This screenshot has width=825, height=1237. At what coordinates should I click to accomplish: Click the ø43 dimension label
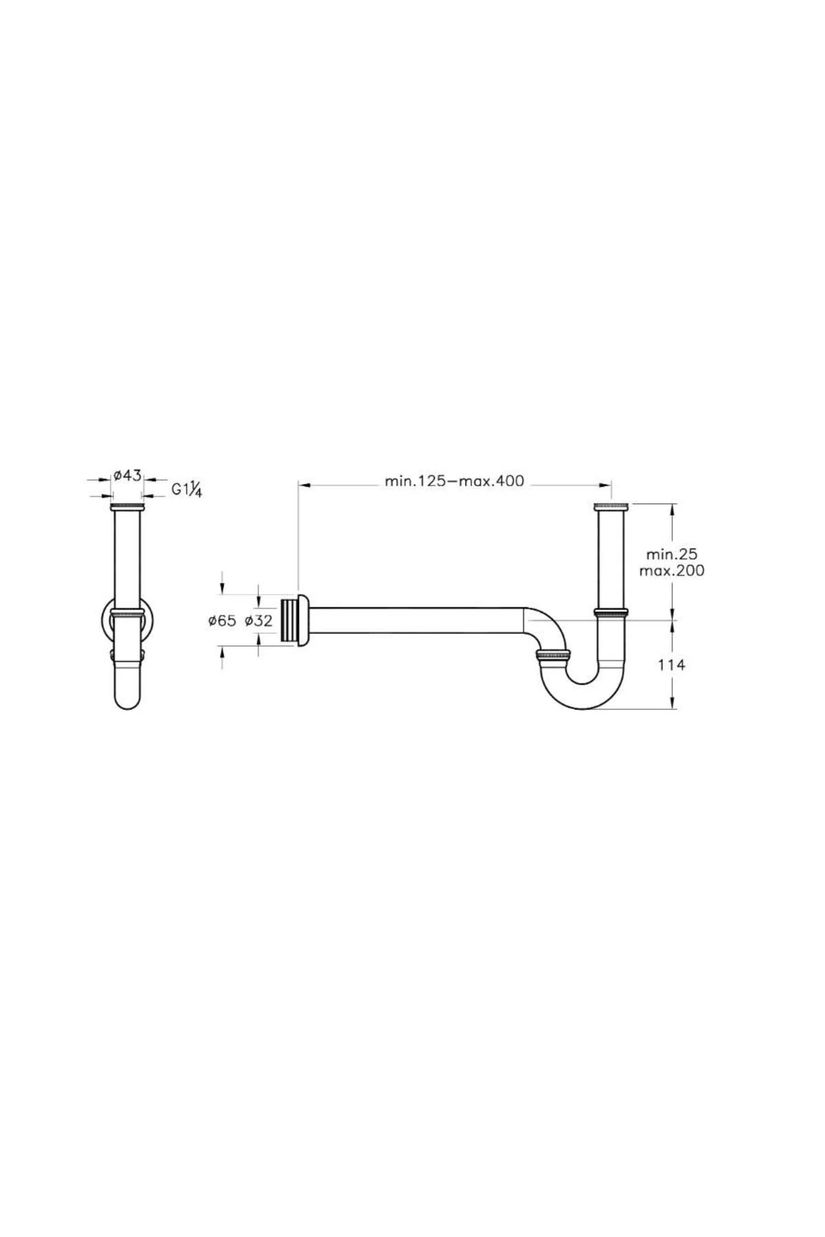pos(127,475)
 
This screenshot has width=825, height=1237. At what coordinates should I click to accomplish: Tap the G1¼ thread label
pos(186,489)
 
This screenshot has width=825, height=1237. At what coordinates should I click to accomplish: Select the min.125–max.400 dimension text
pos(454,481)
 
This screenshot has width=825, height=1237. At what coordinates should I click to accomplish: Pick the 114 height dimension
pos(672,665)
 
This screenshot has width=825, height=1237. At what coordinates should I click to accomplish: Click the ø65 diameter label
pos(222,621)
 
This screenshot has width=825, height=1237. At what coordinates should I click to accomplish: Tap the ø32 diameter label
pos(258,621)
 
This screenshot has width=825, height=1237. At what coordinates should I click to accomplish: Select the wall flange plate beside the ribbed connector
pos(303,620)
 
